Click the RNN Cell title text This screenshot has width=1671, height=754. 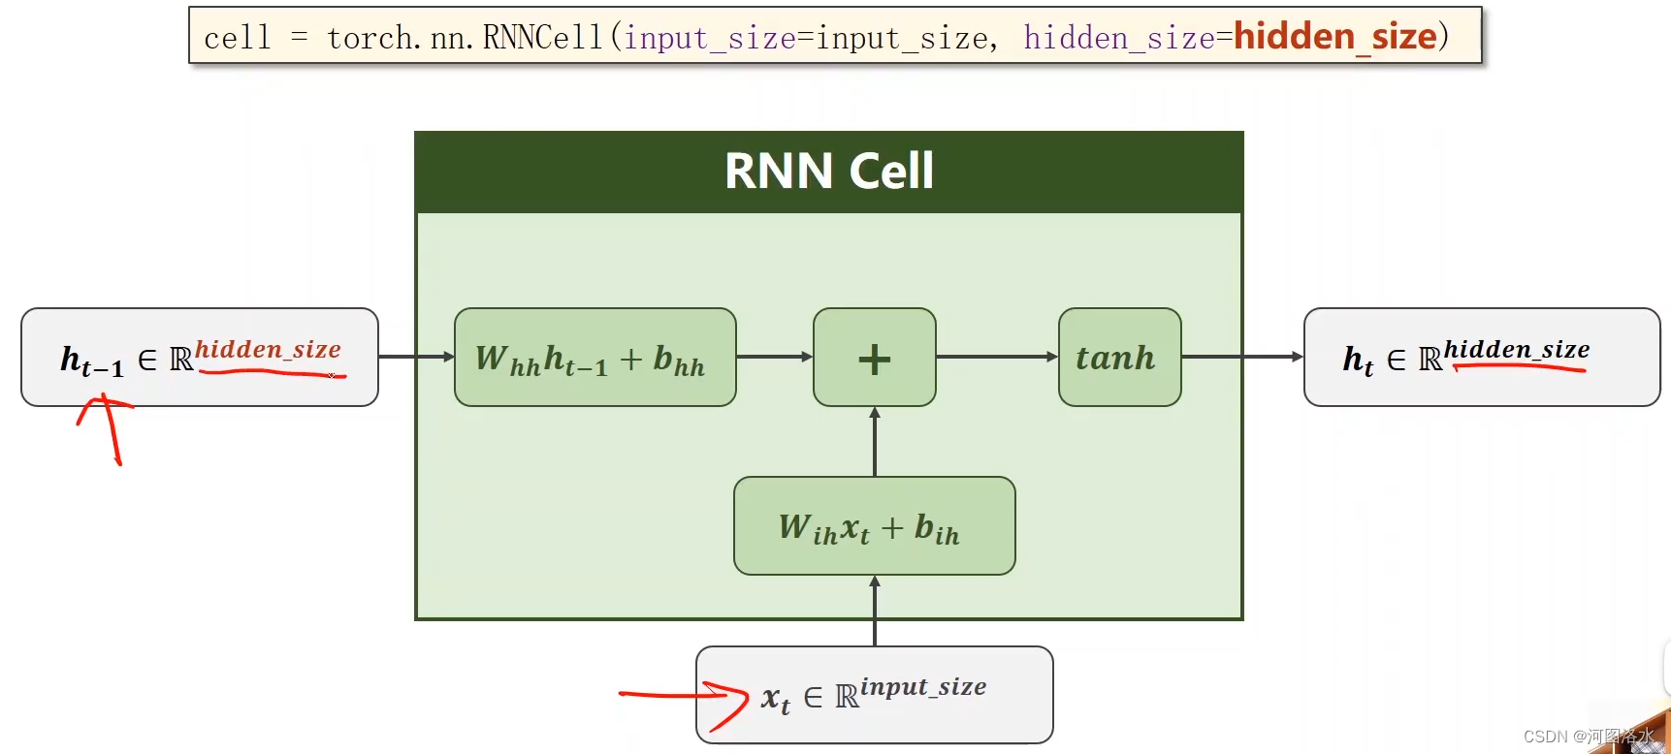pyautogui.click(x=828, y=172)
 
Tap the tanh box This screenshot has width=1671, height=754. pyautogui.click(x=1119, y=358)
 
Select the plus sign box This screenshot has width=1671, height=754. pyautogui.click(x=874, y=358)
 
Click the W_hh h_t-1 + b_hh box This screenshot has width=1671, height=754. pyautogui.click(x=594, y=358)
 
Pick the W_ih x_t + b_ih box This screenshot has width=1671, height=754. pyautogui.click(x=874, y=526)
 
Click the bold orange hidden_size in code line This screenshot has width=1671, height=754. pyautogui.click(x=1334, y=37)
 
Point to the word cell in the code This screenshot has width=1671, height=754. pyautogui.click(x=237, y=38)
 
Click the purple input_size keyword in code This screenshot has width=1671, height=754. pyautogui.click(x=709, y=38)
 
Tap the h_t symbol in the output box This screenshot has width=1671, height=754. pyautogui.click(x=1358, y=360)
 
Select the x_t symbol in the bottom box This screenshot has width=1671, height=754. pyautogui.click(x=775, y=698)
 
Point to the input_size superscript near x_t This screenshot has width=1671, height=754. pyautogui.click(x=923, y=686)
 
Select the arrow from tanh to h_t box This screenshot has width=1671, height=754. pyautogui.click(x=1241, y=357)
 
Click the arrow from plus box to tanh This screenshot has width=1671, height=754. pyautogui.click(x=996, y=357)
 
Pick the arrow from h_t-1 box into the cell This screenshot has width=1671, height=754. pyautogui.click(x=415, y=357)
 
